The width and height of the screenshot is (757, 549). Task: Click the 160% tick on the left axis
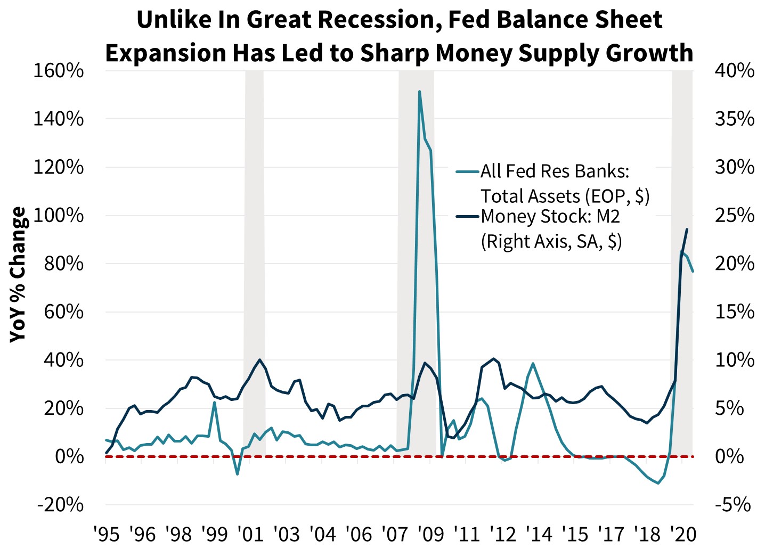[x=59, y=71]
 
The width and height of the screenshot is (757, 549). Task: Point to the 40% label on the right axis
[x=734, y=71]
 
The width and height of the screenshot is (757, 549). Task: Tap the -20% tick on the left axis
[x=60, y=505]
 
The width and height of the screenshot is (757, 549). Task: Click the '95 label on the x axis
[x=106, y=534]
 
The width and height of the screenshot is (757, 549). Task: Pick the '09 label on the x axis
[x=432, y=534]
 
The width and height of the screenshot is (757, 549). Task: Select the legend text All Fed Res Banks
[x=555, y=171]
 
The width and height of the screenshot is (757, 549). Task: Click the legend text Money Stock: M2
[x=550, y=217]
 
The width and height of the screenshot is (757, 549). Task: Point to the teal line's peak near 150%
[x=420, y=92]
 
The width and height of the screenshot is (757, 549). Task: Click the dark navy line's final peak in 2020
[x=687, y=230]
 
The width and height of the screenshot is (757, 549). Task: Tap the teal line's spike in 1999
[x=214, y=403]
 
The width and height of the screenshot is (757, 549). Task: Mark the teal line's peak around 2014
[x=533, y=364]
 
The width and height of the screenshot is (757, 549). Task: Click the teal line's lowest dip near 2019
[x=658, y=483]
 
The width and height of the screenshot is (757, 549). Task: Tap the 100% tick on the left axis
[x=59, y=216]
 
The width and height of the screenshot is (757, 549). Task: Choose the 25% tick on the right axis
[x=734, y=216]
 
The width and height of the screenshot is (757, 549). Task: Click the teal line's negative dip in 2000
[x=238, y=474]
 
